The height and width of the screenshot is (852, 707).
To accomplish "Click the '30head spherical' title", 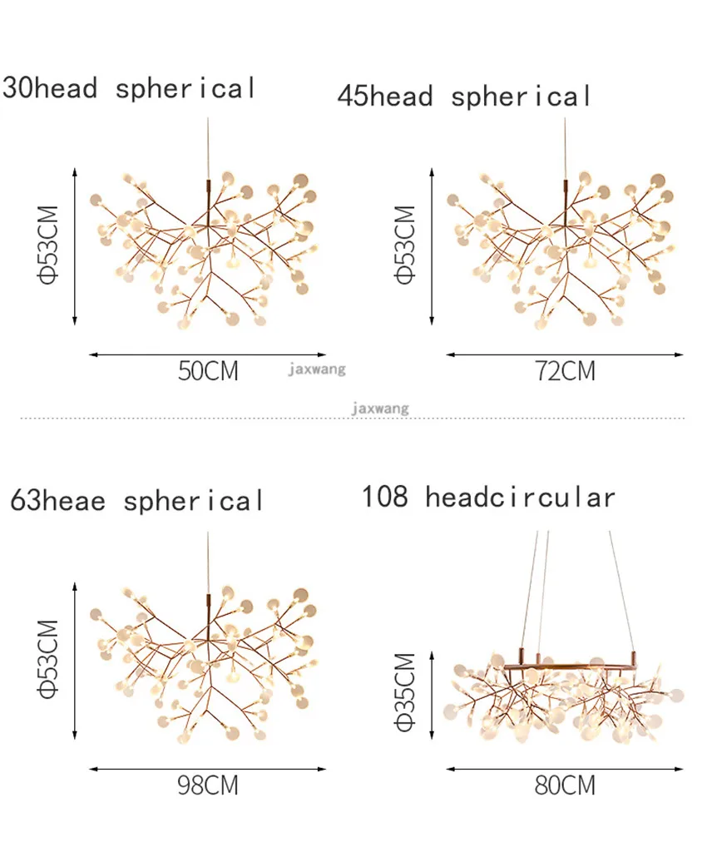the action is point(129,88).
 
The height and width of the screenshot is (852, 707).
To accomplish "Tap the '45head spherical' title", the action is point(464,97).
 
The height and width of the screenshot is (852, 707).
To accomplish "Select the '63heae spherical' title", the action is point(137,500).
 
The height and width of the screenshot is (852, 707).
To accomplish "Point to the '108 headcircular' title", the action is point(489,497).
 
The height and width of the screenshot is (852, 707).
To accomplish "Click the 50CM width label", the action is point(209,371).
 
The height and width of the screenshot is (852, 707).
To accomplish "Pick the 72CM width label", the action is point(566,371).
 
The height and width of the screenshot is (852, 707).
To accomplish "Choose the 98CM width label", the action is point(209,785).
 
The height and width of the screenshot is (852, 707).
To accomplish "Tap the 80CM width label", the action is point(566,785).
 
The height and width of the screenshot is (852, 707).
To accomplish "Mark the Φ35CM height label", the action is point(404,692).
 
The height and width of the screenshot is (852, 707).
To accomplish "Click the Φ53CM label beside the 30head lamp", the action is point(47,245).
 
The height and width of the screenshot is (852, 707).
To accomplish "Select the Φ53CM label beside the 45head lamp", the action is point(404,245).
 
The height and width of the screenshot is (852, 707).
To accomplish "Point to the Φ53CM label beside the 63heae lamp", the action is point(47,659).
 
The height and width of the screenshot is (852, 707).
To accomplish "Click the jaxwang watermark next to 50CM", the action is point(317,369).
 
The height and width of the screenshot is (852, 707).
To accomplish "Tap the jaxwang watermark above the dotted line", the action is point(380,408).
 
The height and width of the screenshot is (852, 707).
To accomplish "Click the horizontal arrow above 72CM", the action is point(565,354).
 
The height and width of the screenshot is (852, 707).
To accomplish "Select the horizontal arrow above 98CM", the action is point(208,769).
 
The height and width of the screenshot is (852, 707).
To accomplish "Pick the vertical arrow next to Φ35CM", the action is point(432,695).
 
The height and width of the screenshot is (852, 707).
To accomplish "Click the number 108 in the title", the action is point(385,496).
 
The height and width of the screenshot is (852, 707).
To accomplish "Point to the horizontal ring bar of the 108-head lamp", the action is point(570,665).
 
